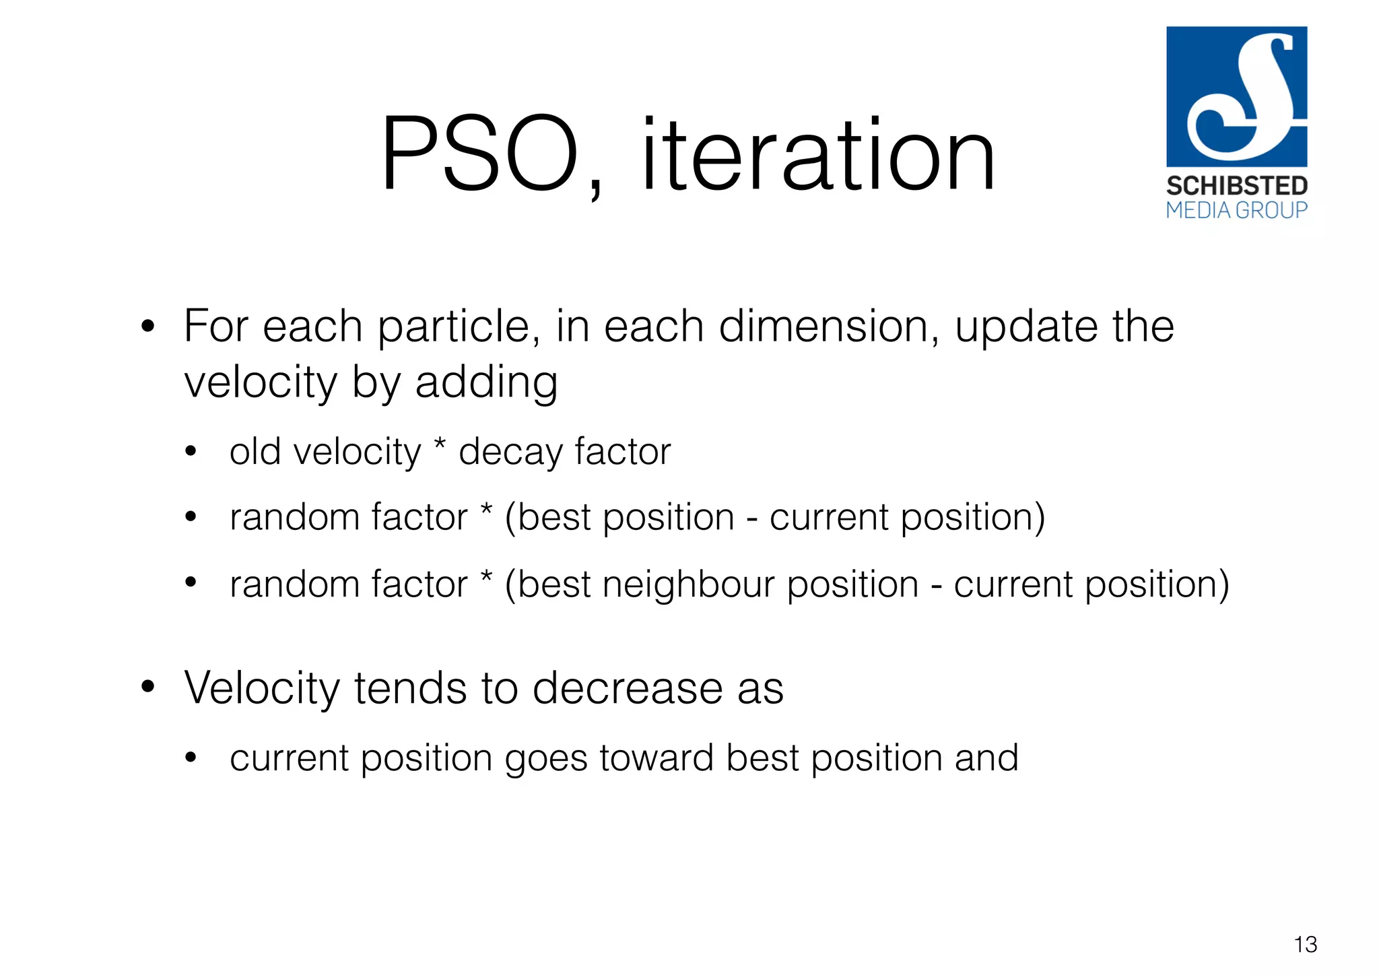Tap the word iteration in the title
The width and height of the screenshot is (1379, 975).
point(817,154)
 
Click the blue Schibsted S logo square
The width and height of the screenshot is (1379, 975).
point(1236,96)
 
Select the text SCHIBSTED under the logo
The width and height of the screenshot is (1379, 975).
point(1236,186)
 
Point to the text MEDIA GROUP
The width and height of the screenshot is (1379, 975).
point(1236,211)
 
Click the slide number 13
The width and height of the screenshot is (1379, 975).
point(1305,944)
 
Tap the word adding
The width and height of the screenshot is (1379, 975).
point(486,382)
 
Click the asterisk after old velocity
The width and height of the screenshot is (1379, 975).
point(440,444)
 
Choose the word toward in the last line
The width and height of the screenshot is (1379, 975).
point(656,758)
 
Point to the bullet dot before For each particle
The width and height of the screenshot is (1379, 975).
point(148,327)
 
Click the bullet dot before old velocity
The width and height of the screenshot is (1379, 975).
point(191,452)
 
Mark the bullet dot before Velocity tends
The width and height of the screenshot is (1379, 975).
point(148,687)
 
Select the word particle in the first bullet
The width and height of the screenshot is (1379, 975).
point(458,327)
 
